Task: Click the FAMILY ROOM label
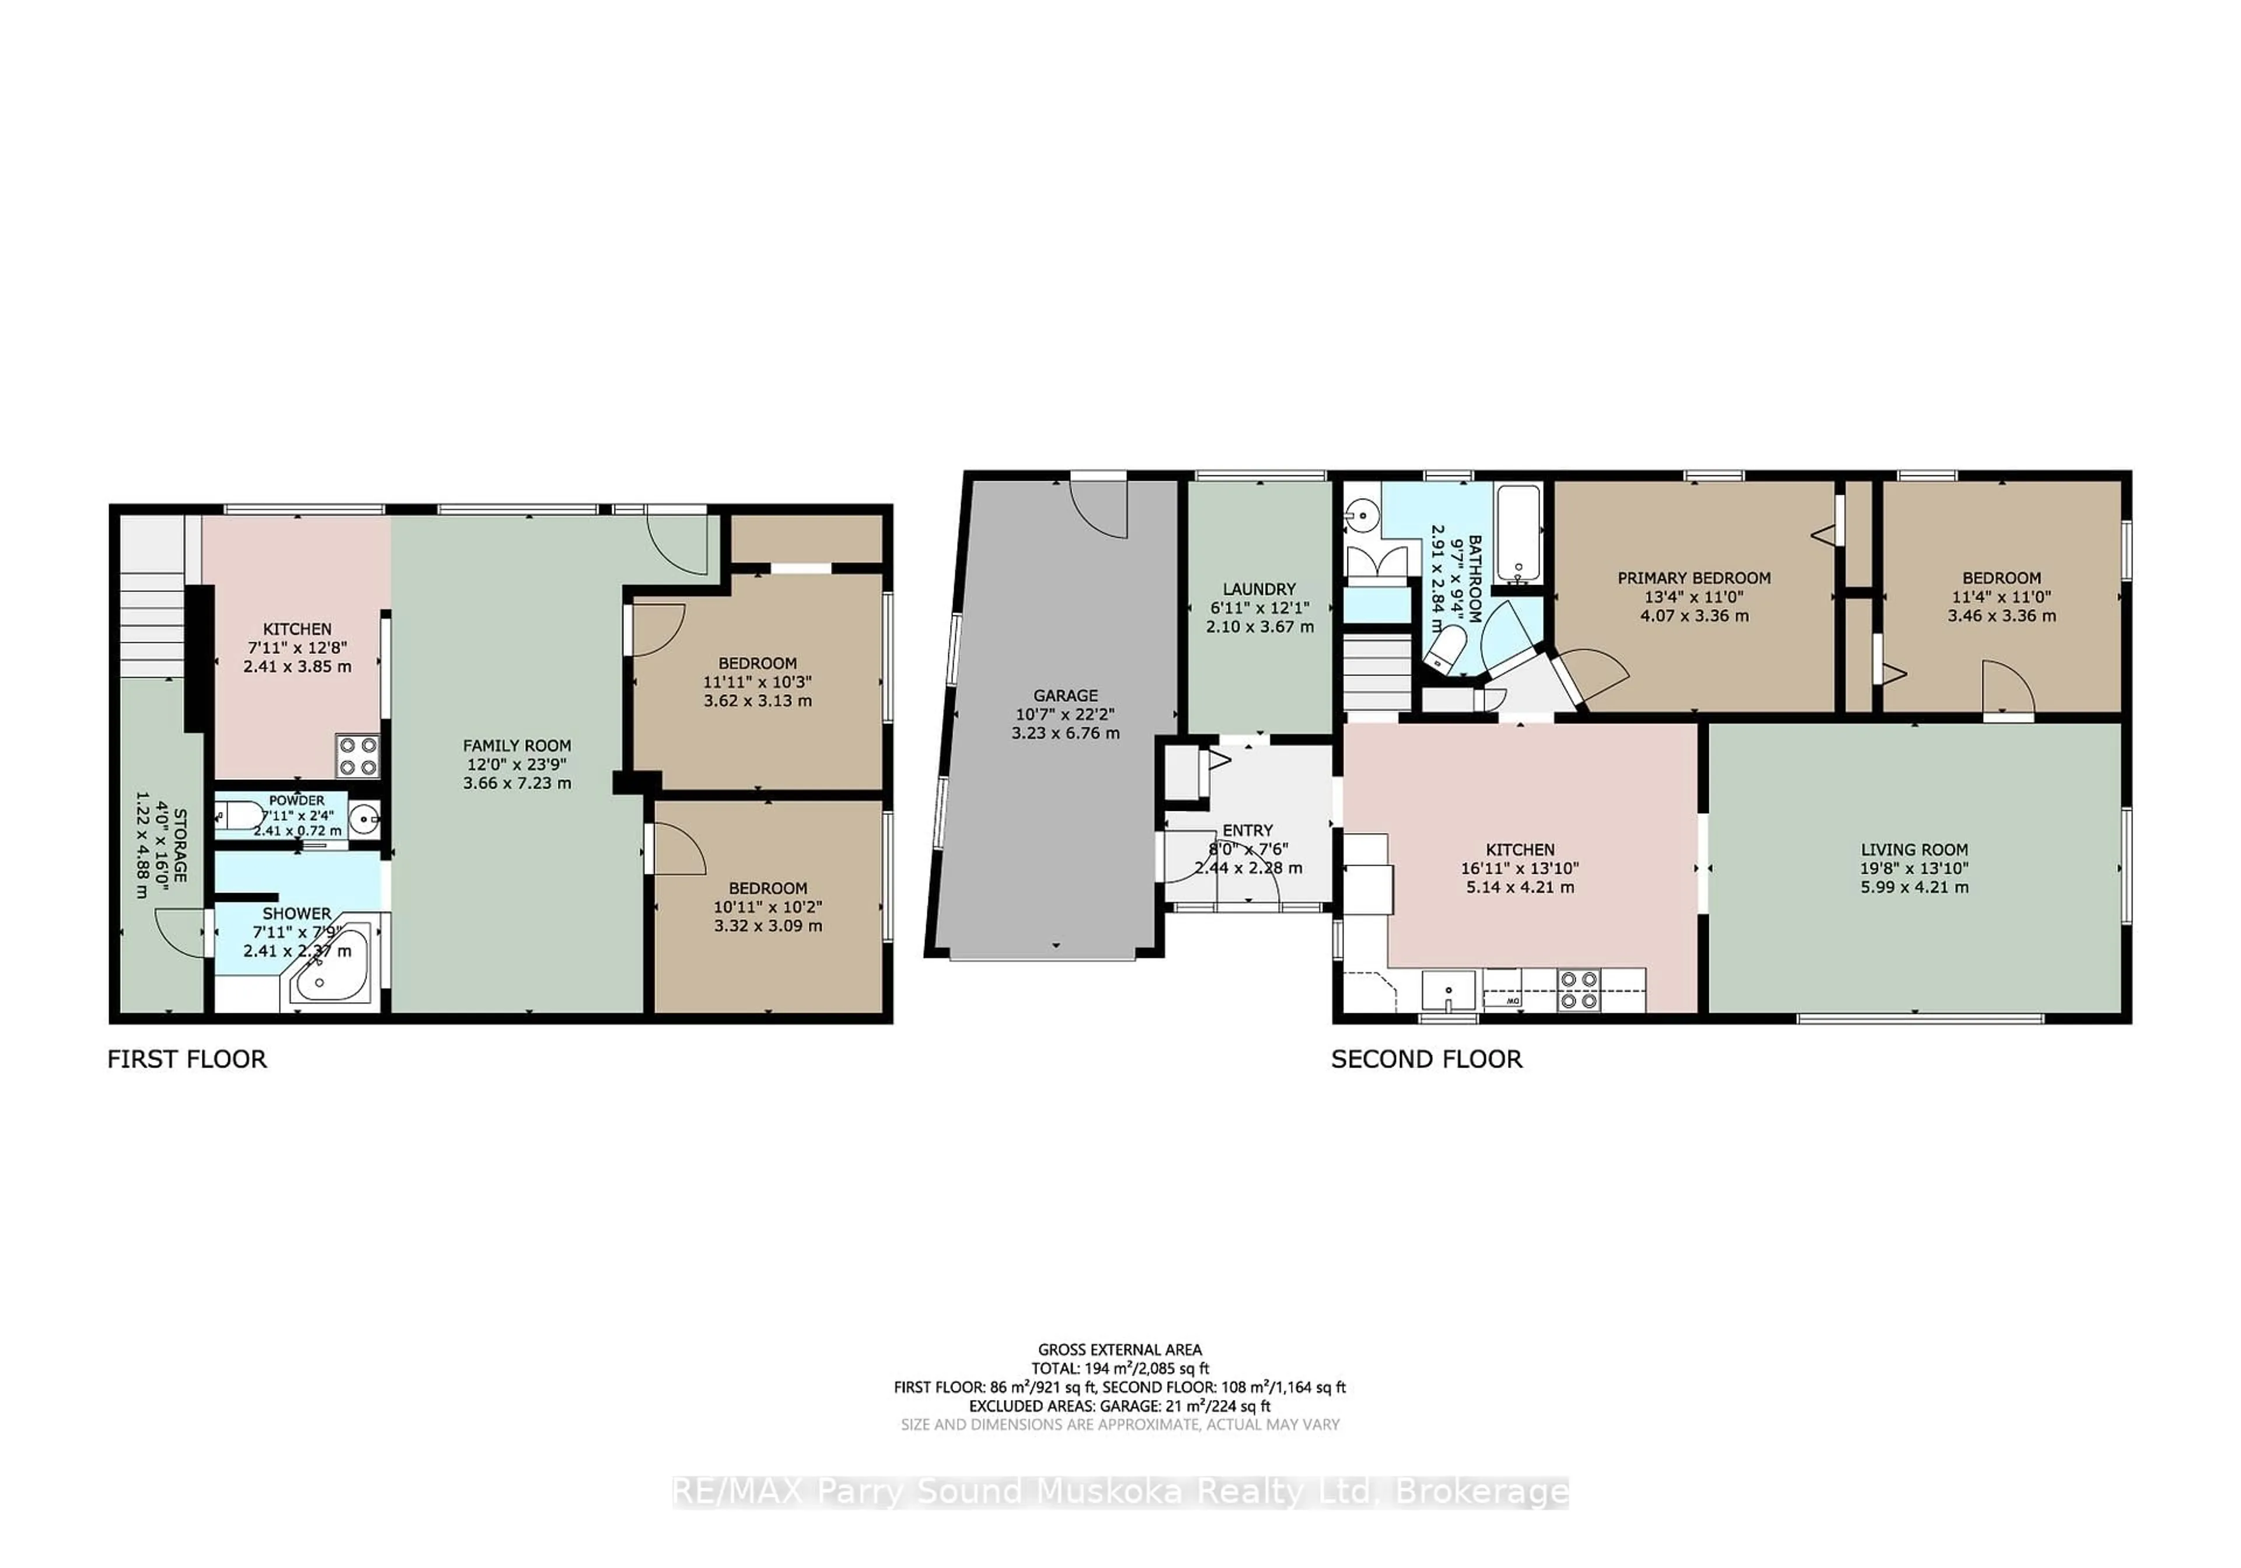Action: click(x=516, y=745)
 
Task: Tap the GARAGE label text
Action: click(x=1065, y=696)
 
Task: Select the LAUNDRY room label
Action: click(x=1259, y=589)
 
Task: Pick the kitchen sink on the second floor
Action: click(x=1448, y=991)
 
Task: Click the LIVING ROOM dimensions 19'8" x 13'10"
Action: click(x=1914, y=869)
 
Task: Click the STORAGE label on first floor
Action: click(x=180, y=845)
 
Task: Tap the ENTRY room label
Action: click(x=1247, y=830)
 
